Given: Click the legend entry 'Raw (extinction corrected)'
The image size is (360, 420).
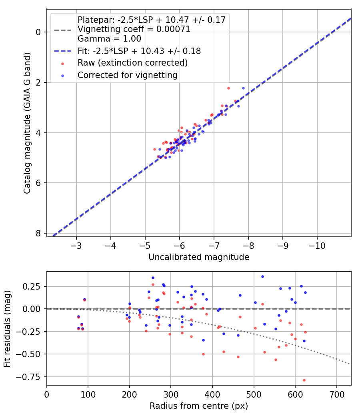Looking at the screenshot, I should (132, 63).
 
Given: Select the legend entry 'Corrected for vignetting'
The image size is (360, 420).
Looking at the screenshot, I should (127, 75).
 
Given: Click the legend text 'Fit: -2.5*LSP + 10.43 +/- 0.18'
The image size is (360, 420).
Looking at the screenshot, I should (139, 51).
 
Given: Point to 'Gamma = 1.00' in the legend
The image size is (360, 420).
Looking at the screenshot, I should (109, 39).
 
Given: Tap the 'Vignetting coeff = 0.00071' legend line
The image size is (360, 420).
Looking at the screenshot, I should (134, 29).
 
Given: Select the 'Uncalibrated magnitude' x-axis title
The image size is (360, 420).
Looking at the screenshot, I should (199, 257).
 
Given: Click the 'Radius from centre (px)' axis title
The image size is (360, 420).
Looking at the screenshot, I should (199, 406).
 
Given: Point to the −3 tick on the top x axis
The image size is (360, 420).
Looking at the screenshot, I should (76, 245).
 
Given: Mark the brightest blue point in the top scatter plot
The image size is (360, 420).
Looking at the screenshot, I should (243, 88).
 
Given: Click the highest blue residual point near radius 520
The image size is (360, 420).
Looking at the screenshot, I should (262, 276).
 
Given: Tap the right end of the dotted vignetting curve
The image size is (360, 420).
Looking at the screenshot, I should (349, 364).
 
